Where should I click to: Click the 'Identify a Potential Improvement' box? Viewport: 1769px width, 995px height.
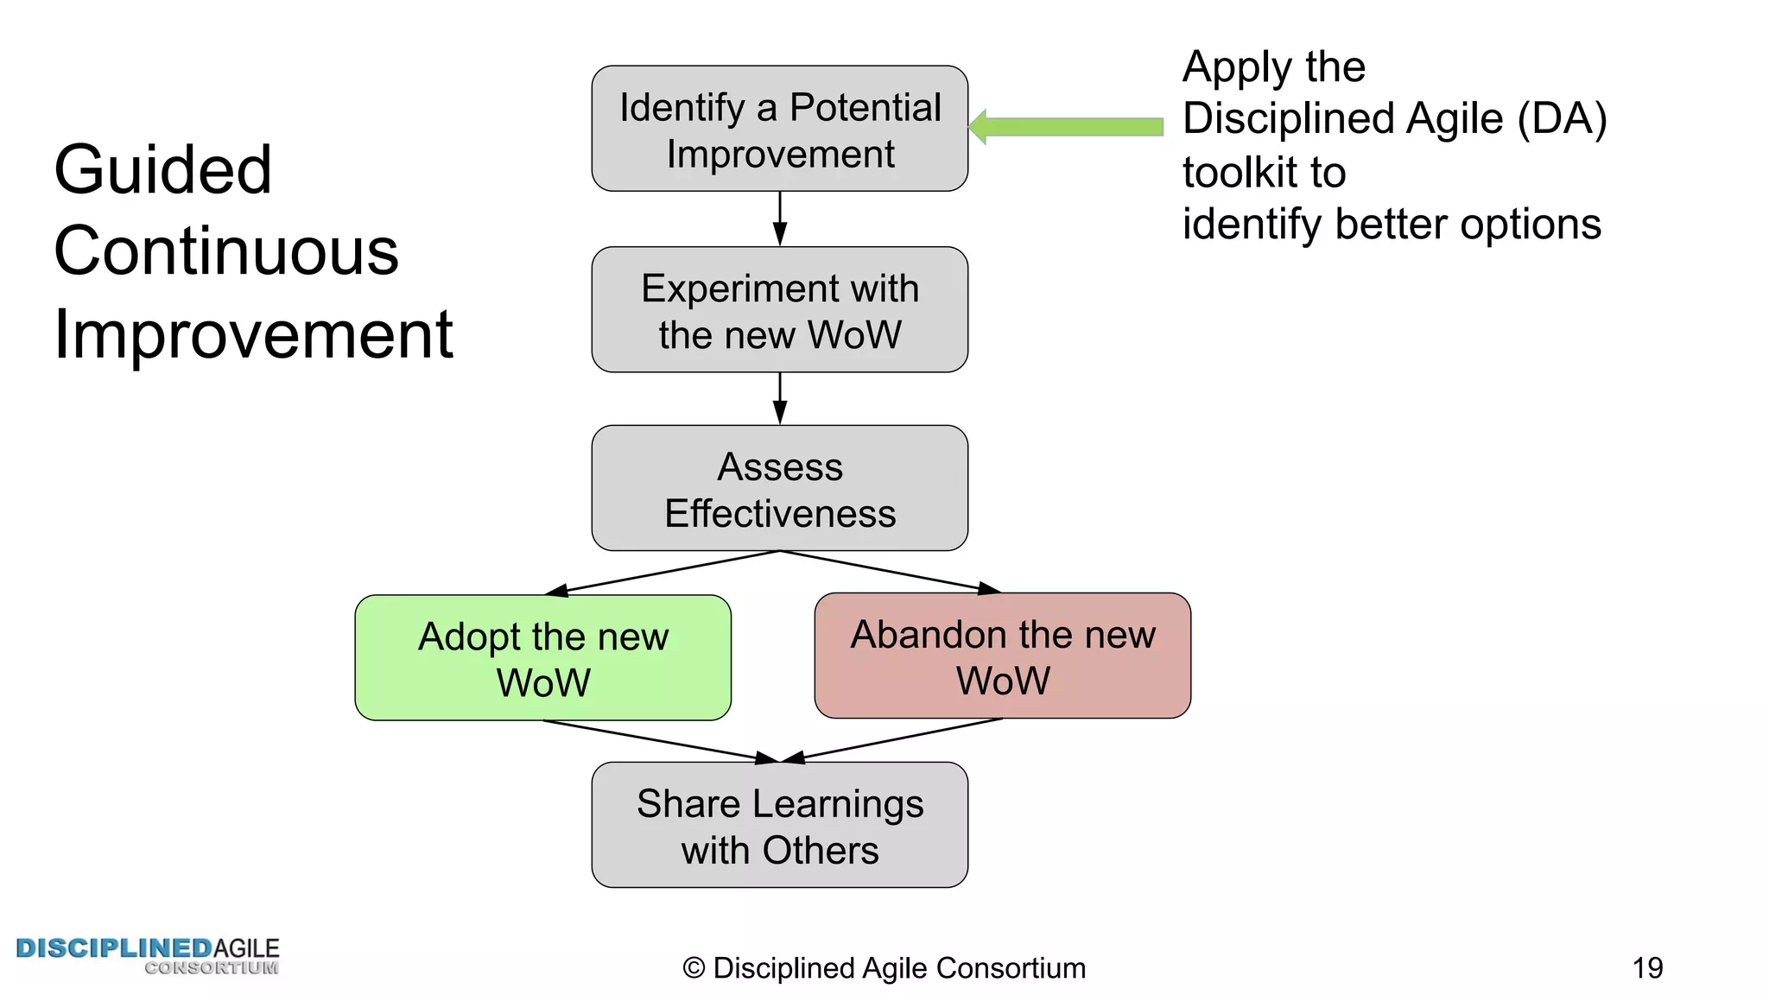(779, 129)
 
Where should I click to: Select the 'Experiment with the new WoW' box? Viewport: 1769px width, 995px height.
(779, 310)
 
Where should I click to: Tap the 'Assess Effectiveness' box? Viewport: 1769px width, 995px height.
(779, 488)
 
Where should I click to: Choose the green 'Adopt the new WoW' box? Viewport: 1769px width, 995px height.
(542, 658)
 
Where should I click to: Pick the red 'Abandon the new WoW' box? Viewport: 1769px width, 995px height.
(1002, 656)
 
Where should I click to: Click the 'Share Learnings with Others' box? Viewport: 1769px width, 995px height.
(779, 825)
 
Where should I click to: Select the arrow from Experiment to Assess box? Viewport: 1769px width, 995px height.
(779, 398)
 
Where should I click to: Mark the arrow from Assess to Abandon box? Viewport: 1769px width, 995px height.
(890, 572)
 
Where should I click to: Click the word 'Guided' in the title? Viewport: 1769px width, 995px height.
(162, 170)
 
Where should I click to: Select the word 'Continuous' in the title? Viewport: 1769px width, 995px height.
(226, 251)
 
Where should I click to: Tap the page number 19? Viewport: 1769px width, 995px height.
(1647, 968)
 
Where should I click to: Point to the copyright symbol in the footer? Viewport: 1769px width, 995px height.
(694, 968)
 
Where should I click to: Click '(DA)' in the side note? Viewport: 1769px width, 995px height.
(1562, 119)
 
